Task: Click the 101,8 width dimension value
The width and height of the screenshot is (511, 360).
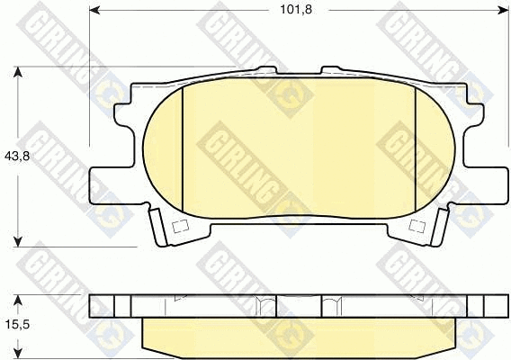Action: click(x=296, y=10)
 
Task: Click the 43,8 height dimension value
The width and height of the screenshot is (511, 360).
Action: click(x=17, y=157)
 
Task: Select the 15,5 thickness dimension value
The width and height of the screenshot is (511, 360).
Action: click(x=17, y=325)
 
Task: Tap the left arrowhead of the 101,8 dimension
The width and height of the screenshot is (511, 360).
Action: click(x=94, y=11)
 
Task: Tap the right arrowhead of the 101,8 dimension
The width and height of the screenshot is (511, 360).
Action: click(x=503, y=11)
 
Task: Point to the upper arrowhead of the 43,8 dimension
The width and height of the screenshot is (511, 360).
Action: click(x=18, y=72)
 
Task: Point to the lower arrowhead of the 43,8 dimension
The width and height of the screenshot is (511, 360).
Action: click(x=18, y=241)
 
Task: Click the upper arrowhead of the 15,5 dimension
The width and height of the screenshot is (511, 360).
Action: click(x=18, y=300)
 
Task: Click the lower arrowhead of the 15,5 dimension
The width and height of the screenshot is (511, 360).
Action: click(x=18, y=354)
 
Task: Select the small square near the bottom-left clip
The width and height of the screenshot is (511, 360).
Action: click(x=180, y=226)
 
